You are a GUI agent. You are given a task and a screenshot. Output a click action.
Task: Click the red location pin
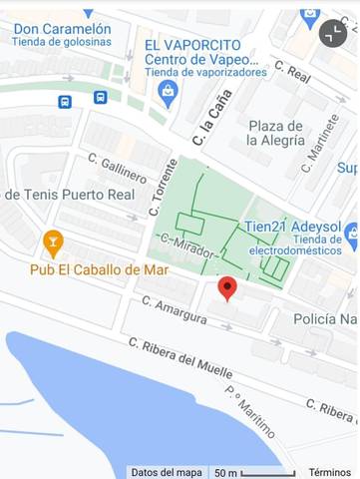(227, 288)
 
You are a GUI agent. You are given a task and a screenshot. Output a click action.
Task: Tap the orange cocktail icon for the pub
(53, 241)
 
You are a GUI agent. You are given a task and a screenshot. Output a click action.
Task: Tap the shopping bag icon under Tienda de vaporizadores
(168, 94)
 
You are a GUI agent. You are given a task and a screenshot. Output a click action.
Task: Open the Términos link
(329, 472)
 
